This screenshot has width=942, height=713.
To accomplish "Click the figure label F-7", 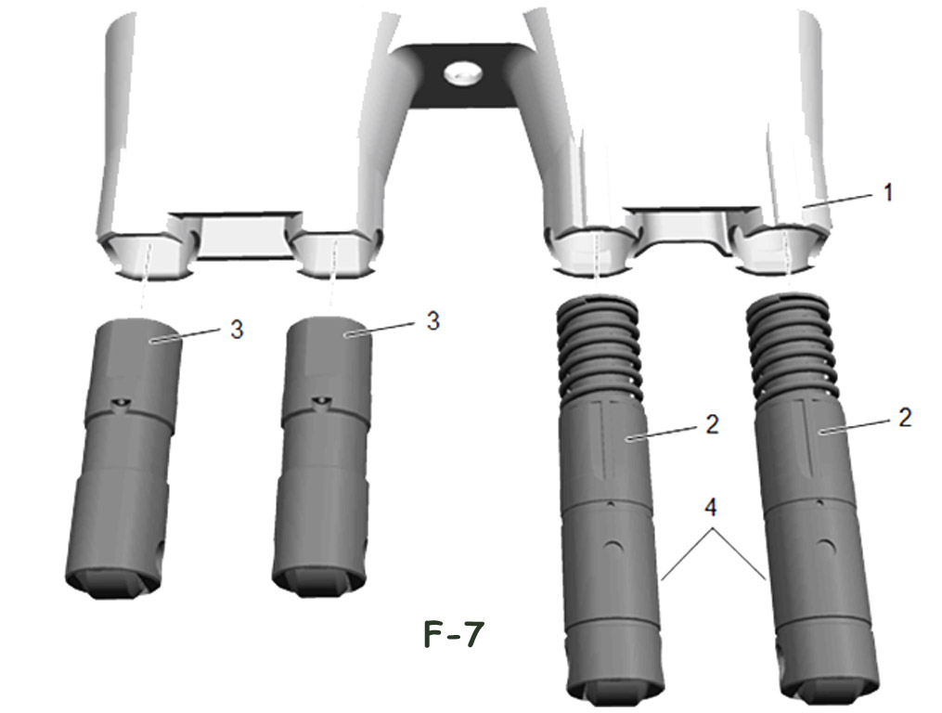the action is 454,634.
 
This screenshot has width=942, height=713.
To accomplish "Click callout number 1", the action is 888,192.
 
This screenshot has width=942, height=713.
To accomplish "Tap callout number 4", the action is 711,508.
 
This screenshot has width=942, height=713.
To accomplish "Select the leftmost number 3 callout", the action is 238,330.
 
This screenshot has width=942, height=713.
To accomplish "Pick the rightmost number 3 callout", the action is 433,321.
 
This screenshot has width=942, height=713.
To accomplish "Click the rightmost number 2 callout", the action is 905,417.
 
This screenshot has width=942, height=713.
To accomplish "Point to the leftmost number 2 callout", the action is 712,424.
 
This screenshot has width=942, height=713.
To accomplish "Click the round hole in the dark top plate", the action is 463,74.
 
